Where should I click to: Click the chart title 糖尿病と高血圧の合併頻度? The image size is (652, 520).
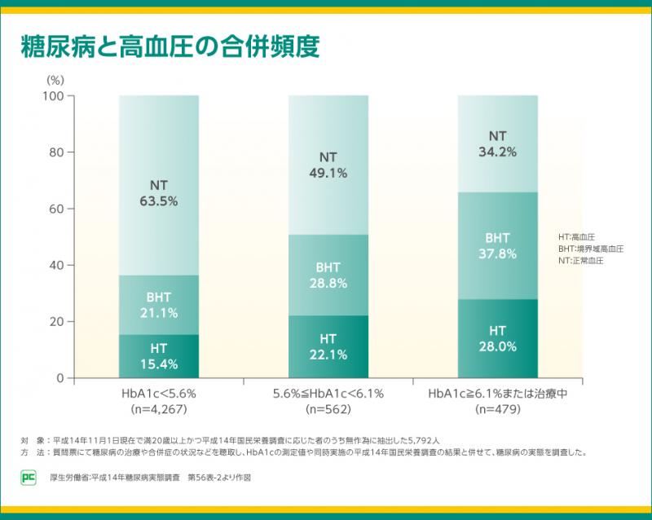coord(170,45)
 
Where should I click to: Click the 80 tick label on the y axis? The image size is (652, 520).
coord(56,152)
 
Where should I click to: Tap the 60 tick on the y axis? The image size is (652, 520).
coord(56,209)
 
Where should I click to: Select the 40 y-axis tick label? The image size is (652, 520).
coord(56,266)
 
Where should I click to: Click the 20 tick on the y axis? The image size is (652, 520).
coord(56,322)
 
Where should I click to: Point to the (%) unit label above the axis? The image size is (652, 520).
coord(55,80)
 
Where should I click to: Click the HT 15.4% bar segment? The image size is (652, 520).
coord(159,356)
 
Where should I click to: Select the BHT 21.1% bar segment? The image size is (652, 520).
coord(159,305)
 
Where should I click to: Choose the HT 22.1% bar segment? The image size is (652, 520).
coord(328,346)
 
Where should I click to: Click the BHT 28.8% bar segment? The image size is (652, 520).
coord(328,275)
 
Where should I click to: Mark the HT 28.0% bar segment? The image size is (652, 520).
coord(498,338)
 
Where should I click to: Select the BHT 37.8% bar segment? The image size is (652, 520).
coord(498,245)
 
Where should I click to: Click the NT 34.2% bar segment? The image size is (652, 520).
coord(498,143)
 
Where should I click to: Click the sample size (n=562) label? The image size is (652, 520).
coord(328,409)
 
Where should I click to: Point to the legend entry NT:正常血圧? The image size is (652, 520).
coord(580,261)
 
